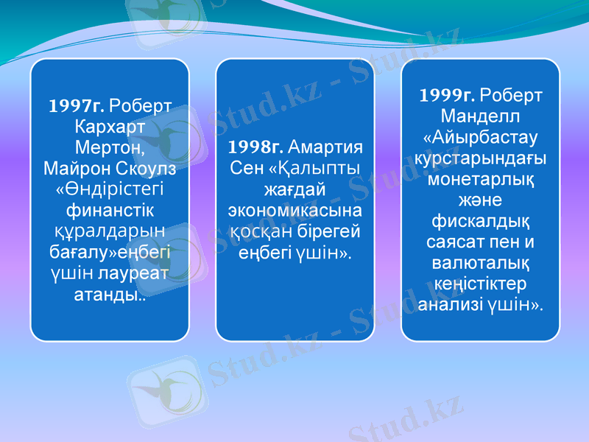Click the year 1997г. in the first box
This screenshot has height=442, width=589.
(x=77, y=104)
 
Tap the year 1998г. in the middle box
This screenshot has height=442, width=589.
(x=255, y=145)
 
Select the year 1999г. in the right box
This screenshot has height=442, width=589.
(x=448, y=96)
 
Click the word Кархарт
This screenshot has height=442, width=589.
(x=110, y=125)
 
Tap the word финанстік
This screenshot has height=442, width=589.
(x=110, y=211)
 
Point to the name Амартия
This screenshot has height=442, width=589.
(x=321, y=145)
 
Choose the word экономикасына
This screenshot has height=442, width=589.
(x=294, y=209)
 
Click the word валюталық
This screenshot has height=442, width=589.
(x=479, y=263)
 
